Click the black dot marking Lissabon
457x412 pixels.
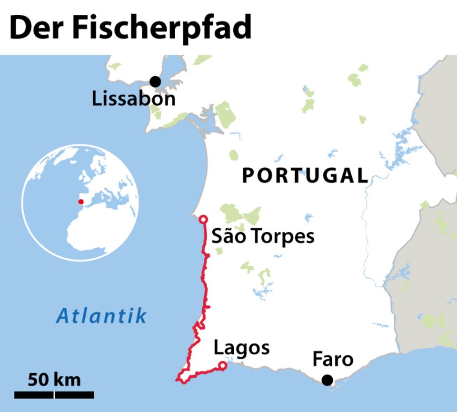[x=155, y=82]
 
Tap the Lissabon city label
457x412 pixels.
[x=134, y=99]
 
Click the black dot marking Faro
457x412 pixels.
[x=327, y=380]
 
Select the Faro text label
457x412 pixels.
[x=333, y=359]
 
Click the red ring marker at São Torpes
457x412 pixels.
[x=203, y=219]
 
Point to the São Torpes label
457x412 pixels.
[x=263, y=236]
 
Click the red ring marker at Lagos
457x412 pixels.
[x=222, y=366]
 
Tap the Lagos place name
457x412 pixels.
[x=241, y=348]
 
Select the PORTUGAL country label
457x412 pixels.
[x=305, y=175]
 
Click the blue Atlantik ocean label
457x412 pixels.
[x=101, y=315]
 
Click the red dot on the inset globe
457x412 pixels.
[x=81, y=201]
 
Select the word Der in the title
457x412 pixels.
[x=38, y=28]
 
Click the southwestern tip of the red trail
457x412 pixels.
[x=178, y=380]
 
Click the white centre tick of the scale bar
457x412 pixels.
[x=54, y=394]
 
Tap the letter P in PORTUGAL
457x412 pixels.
[x=248, y=175]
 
